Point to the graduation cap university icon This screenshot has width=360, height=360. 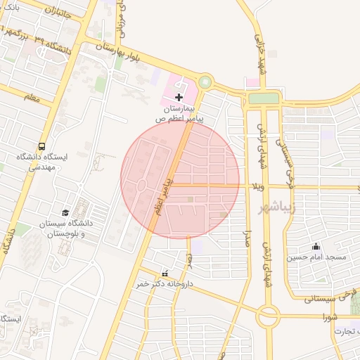pyautogui.click(x=66, y=212)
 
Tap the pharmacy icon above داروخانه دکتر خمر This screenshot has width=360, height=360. pyautogui.click(x=165, y=274)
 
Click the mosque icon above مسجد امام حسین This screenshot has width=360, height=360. pyautogui.click(x=316, y=246)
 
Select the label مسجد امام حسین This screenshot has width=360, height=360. pyautogui.click(x=316, y=257)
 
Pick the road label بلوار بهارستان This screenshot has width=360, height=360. pyautogui.click(x=119, y=50)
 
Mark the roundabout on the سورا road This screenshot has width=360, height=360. pyautogui.click(x=268, y=316)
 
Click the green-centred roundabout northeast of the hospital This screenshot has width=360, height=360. pyautogui.click(x=205, y=82)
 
